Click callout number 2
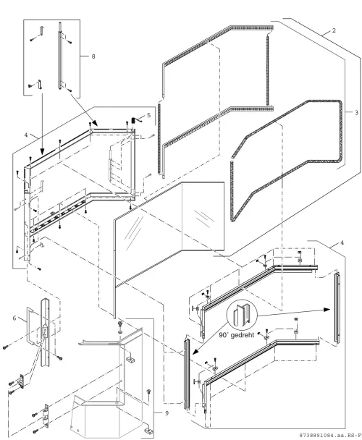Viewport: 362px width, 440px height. (x=334, y=30)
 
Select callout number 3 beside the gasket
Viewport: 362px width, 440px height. (x=356, y=112)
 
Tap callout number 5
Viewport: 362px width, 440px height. (x=149, y=115)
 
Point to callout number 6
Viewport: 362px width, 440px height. (x=14, y=318)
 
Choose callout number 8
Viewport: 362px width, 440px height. (x=93, y=56)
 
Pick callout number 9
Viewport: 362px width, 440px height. (x=167, y=413)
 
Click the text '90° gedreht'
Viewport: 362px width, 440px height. (x=237, y=335)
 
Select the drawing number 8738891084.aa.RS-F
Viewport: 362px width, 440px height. (x=329, y=435)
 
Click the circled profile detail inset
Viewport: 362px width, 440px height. (x=242, y=315)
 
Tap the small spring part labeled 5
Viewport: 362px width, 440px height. (x=136, y=120)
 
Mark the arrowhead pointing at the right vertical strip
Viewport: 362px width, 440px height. (x=327, y=309)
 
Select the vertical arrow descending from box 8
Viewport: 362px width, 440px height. (x=42, y=124)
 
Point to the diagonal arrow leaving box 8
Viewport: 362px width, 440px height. (x=84, y=110)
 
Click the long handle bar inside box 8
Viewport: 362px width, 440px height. (x=60, y=56)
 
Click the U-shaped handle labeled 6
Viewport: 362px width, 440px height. (x=28, y=326)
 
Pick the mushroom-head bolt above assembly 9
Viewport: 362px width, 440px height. (x=120, y=327)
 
